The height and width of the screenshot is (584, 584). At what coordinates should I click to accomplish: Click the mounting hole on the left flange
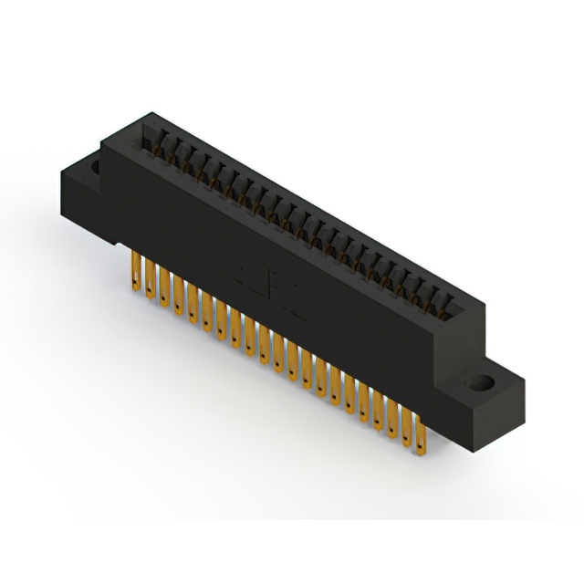pyautogui.click(x=94, y=168)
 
